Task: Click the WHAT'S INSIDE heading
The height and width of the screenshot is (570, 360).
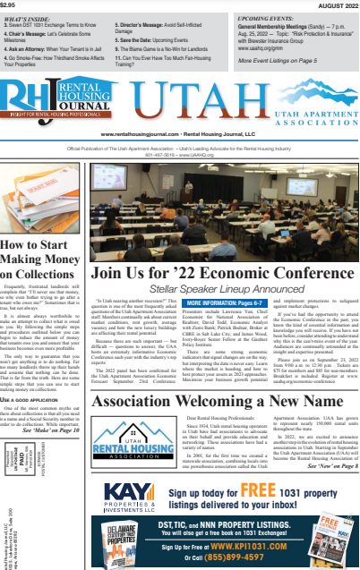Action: coord(28,18)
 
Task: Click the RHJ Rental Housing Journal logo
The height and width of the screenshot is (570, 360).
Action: coord(49,101)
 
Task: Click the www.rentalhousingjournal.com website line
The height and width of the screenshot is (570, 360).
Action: coord(179,131)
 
